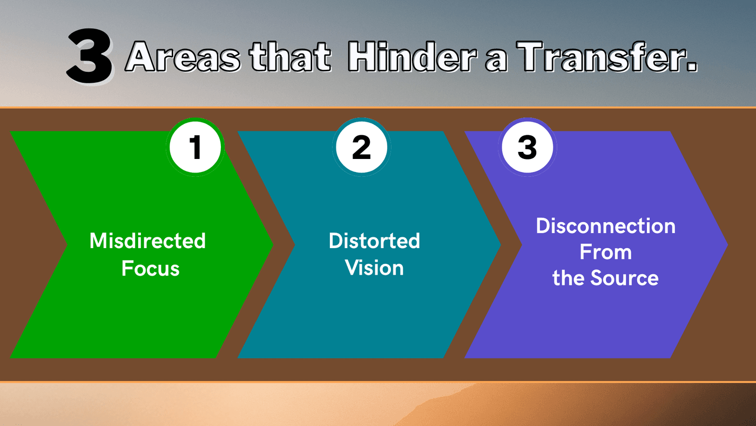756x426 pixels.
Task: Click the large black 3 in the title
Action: pyautogui.click(x=90, y=55)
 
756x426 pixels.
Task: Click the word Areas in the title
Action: pyautogui.click(x=183, y=56)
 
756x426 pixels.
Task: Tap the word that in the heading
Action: pyautogui.click(x=290, y=56)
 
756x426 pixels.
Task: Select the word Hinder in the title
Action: pyautogui.click(x=412, y=56)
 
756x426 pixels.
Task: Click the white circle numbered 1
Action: pyautogui.click(x=195, y=147)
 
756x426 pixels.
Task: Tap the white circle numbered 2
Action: pyautogui.click(x=361, y=147)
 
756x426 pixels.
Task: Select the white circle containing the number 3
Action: pyautogui.click(x=527, y=147)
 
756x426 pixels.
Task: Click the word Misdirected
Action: pyautogui.click(x=147, y=241)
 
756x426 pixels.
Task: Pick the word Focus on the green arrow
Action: pyautogui.click(x=151, y=269)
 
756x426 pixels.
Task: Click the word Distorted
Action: pyautogui.click(x=374, y=241)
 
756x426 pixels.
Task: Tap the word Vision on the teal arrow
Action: pyautogui.click(x=374, y=268)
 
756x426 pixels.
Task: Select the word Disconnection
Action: pyautogui.click(x=606, y=225)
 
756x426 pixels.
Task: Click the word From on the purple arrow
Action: pyautogui.click(x=606, y=252)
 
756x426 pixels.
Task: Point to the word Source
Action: pyautogui.click(x=625, y=278)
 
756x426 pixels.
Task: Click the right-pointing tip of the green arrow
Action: pyautogui.click(x=272, y=244)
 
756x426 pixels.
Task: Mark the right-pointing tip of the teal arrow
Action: pyautogui.click(x=500, y=244)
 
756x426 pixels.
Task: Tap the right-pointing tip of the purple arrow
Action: pyautogui.click(x=727, y=244)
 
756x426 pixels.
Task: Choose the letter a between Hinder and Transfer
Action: pyautogui.click(x=496, y=61)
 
